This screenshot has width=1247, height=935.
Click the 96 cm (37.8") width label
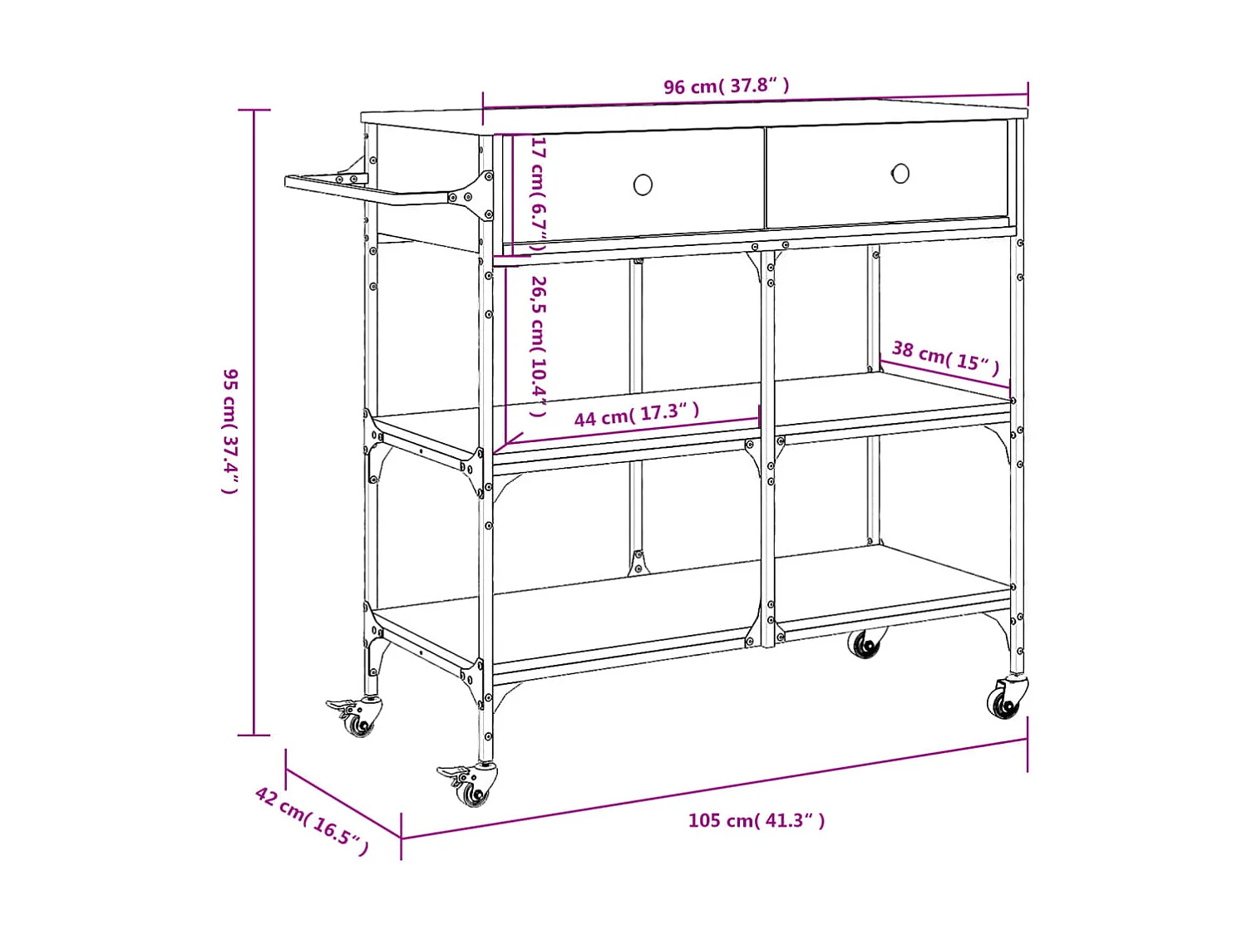click(726, 86)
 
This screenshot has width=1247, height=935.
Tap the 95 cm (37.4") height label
click(230, 431)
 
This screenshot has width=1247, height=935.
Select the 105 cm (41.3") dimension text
click(756, 820)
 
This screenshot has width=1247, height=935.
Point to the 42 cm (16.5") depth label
click(312, 819)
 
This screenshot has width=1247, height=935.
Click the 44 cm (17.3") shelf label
click(636, 414)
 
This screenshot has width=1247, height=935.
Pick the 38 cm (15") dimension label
click(945, 357)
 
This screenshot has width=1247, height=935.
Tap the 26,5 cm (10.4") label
click(539, 346)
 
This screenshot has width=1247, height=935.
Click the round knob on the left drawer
click(643, 185)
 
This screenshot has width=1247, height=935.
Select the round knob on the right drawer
click(900, 173)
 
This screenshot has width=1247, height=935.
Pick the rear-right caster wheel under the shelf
click(865, 644)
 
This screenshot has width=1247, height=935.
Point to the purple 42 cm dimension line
click(343, 804)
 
